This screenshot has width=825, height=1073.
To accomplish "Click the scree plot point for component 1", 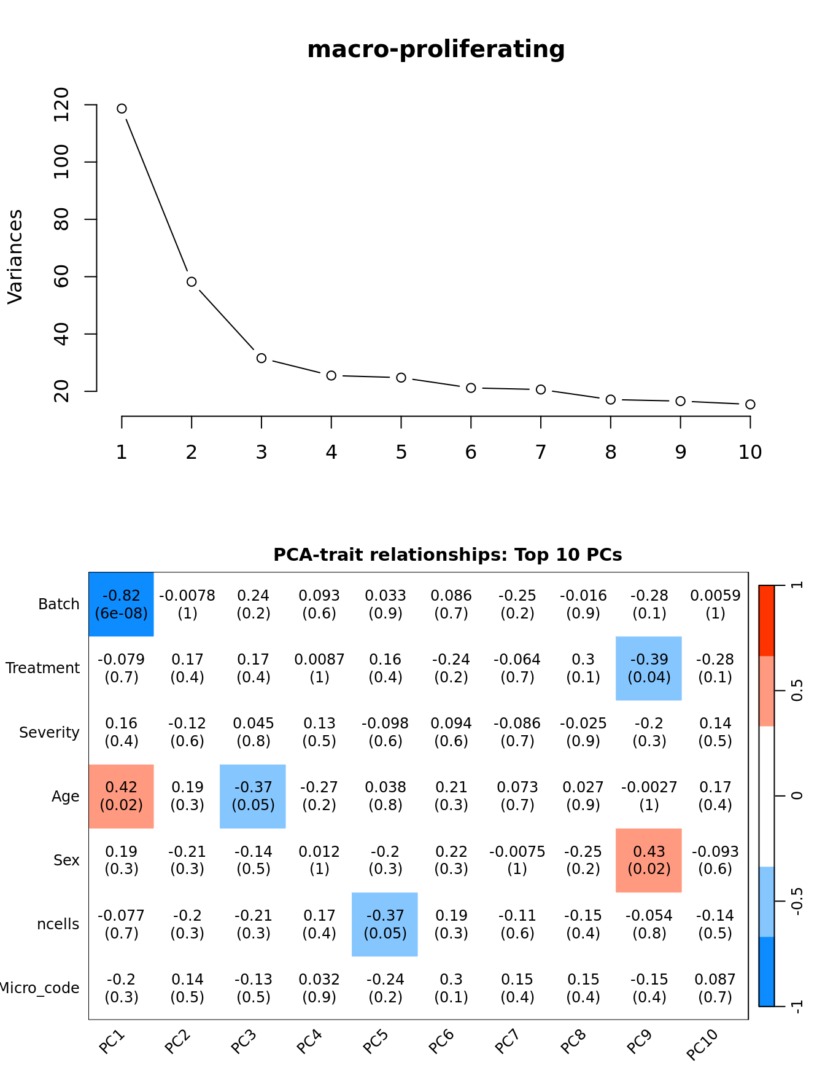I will click(122, 109).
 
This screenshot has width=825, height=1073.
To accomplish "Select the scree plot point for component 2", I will click(192, 282).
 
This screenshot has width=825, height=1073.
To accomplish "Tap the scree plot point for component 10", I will click(750, 404).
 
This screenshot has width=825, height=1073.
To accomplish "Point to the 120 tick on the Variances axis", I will click(62, 105).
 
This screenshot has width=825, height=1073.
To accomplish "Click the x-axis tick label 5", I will click(401, 453).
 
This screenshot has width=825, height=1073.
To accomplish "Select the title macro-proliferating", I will click(436, 49).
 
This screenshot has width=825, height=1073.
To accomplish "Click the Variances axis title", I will click(15, 256).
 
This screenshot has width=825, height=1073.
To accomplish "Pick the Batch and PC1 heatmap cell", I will click(122, 604).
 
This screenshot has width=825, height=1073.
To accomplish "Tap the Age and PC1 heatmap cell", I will click(122, 796).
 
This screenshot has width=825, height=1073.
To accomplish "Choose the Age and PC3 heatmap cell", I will click(253, 796).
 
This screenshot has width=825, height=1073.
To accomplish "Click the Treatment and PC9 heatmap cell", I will click(649, 668).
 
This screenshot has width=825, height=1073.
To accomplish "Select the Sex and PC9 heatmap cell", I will click(649, 860).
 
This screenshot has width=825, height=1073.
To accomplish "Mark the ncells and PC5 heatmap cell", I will click(385, 924).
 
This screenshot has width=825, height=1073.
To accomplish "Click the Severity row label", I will click(49, 733).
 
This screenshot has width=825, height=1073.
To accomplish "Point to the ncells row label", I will click(58, 924).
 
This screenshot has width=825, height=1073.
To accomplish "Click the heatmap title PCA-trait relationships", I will click(447, 555).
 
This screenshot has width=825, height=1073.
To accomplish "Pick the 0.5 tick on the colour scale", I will click(797, 691).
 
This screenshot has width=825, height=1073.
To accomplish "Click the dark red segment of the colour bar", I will click(767, 620).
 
